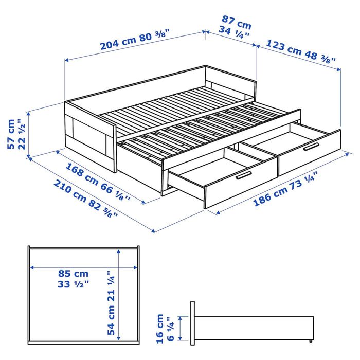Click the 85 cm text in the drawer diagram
pyautogui.click(x=73, y=274)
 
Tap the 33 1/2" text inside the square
pyautogui.click(x=73, y=284)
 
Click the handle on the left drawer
pyautogui.click(x=246, y=175)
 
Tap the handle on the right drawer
pyautogui.click(x=311, y=148)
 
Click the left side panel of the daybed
pyautogui.click(x=91, y=136)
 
